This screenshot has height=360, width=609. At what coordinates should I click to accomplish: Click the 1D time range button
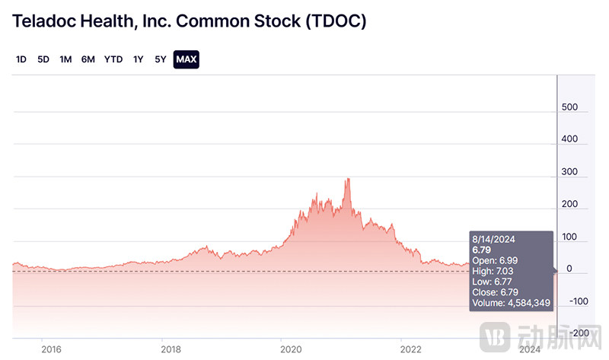21,59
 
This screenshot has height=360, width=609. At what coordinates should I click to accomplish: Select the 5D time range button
43,59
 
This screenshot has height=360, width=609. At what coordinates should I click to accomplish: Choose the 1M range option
65,59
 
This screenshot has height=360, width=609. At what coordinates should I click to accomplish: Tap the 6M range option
88,59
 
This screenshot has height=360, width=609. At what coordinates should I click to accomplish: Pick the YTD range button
113,59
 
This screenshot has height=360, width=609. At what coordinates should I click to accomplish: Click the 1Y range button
138,59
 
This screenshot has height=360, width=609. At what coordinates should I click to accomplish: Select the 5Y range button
160,59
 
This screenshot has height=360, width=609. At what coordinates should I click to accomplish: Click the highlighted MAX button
186,59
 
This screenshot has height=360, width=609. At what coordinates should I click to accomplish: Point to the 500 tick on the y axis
569,108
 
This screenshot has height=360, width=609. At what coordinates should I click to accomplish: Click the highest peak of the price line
348,179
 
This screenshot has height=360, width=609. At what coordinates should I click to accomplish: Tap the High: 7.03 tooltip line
493,270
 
